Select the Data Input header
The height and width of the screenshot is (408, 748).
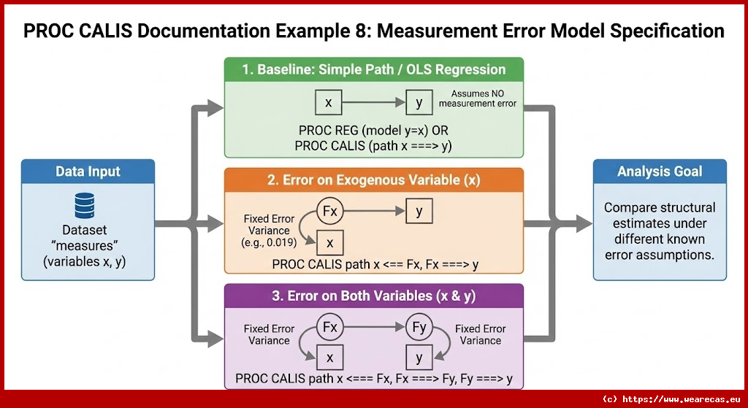point(88,172)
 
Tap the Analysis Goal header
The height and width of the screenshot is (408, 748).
point(660,172)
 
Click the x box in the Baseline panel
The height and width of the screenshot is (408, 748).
point(328,103)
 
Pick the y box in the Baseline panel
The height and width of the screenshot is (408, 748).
point(419,103)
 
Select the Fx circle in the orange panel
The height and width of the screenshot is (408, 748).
point(329,212)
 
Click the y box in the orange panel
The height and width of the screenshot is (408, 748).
point(419,212)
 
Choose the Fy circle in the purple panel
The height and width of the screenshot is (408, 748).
point(419,328)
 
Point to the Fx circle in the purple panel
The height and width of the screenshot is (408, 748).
point(329,328)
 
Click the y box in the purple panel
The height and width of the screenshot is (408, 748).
point(419,358)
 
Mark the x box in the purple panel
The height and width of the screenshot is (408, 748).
point(329,358)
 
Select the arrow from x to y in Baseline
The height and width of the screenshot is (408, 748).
point(373,103)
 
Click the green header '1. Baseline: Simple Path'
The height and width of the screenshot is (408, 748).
point(374,69)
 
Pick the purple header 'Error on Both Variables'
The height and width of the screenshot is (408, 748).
point(374,296)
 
